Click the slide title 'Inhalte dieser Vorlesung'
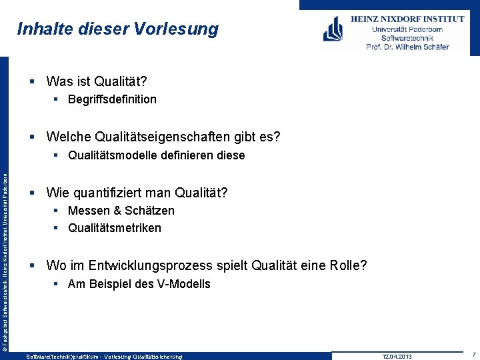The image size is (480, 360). pos(117,29)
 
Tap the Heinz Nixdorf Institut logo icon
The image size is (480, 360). pos(333,29)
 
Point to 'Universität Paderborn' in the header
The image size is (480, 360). pos(407,29)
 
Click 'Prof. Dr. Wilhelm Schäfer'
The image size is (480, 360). pos(407,47)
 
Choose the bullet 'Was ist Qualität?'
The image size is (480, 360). pos(97,82)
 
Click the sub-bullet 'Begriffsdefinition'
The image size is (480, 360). pos(112,99)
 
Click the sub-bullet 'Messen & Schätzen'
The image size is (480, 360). pos(121,211)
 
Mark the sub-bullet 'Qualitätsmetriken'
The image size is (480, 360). pos(114,228)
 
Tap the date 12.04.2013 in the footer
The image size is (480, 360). pos(397,357)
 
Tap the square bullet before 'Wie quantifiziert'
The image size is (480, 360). pos(33,193)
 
